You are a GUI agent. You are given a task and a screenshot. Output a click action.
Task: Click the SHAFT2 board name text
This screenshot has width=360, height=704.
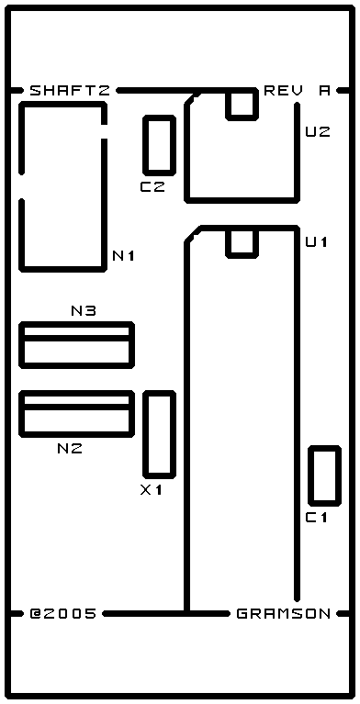tap(70, 91)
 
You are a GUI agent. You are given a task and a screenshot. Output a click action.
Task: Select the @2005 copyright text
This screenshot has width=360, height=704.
tap(63, 613)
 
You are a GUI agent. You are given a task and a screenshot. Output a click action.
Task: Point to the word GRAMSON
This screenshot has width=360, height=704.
tap(284, 613)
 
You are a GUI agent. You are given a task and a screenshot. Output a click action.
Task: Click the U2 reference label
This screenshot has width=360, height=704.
tap(318, 132)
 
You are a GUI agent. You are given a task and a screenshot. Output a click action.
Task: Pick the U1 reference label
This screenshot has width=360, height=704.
tap(317, 242)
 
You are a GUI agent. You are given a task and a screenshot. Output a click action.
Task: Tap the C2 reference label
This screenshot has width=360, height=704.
tap(152, 187)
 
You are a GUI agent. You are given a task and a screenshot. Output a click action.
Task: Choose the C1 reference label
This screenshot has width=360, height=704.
tap(317, 518)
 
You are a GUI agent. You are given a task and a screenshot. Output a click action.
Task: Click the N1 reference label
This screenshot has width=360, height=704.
tap(124, 256)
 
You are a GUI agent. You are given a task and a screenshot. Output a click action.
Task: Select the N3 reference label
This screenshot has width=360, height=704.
tap(84, 310)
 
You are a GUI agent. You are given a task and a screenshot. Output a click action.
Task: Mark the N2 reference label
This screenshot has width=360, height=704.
tap(70, 448)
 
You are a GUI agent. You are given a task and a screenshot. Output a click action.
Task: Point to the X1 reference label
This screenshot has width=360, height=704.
tap(151, 490)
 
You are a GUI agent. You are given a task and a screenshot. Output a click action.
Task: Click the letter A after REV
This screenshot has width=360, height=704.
tap(324, 91)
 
